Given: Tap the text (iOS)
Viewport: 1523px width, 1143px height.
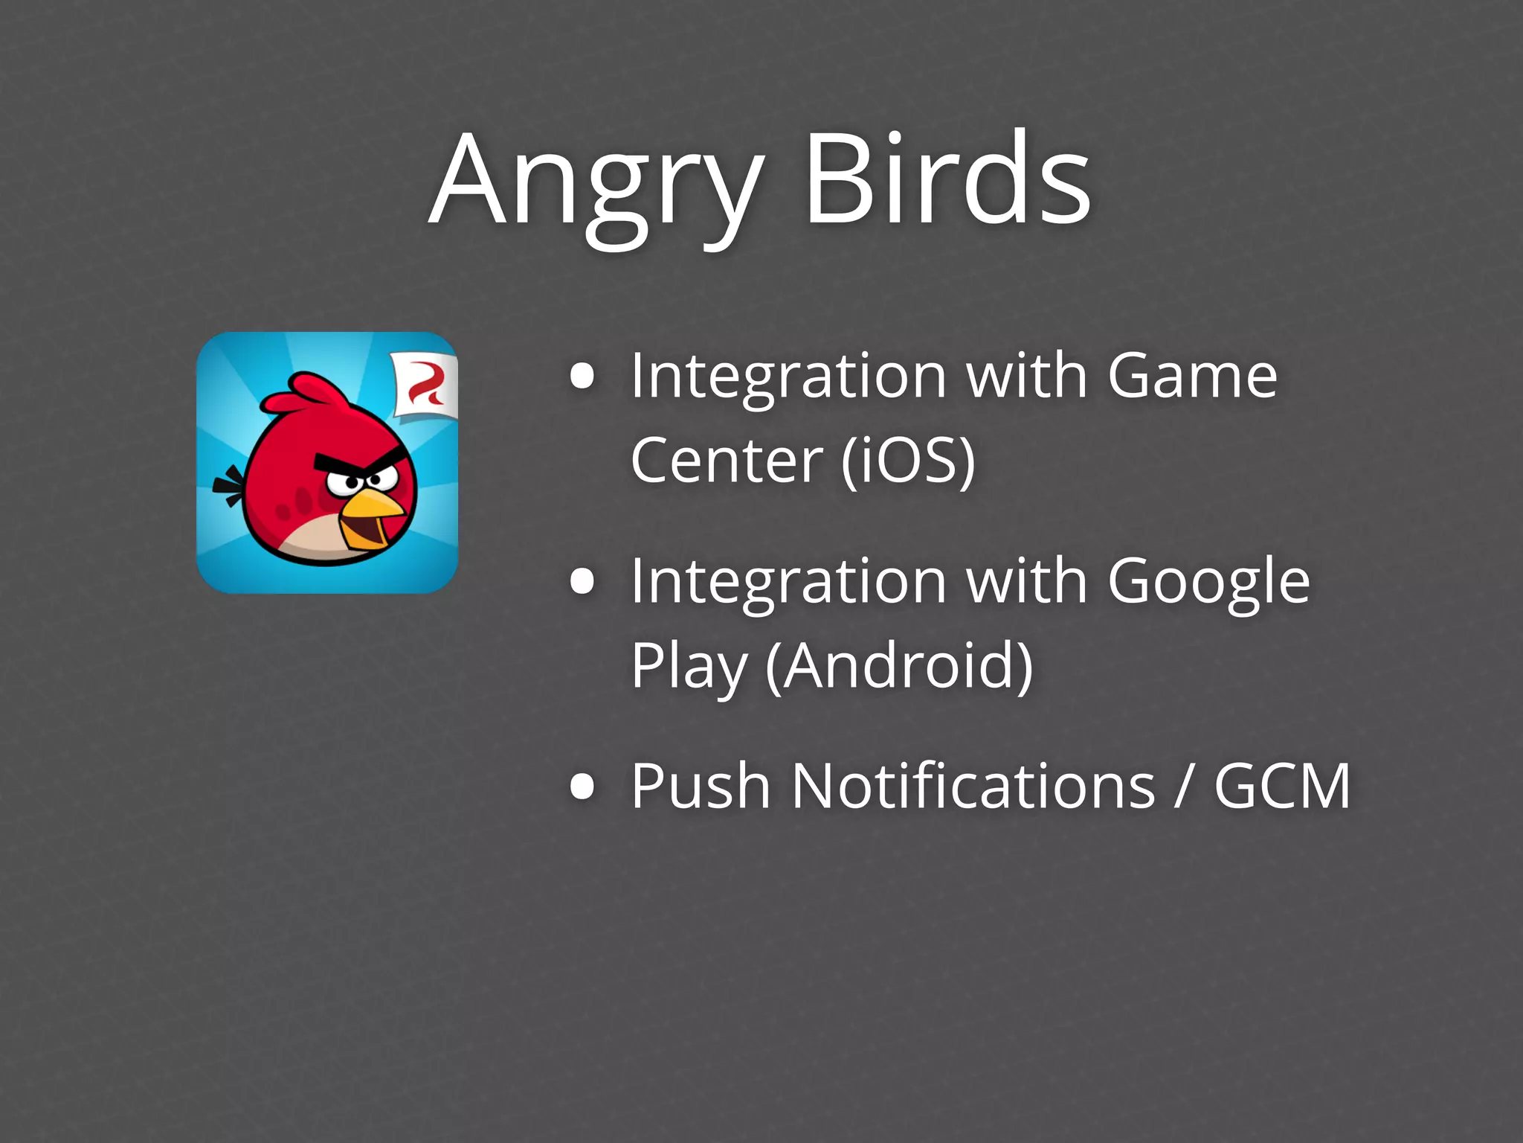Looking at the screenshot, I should [x=908, y=461].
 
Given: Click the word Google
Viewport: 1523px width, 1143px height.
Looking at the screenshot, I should [x=1208, y=582].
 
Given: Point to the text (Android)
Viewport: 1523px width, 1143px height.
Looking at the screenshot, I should [x=899, y=666].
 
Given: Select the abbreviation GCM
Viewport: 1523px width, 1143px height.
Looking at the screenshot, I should [x=1282, y=787].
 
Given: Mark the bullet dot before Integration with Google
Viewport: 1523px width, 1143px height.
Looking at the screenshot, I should [x=582, y=582].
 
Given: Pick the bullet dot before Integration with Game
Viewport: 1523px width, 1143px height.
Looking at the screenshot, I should [x=582, y=377].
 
